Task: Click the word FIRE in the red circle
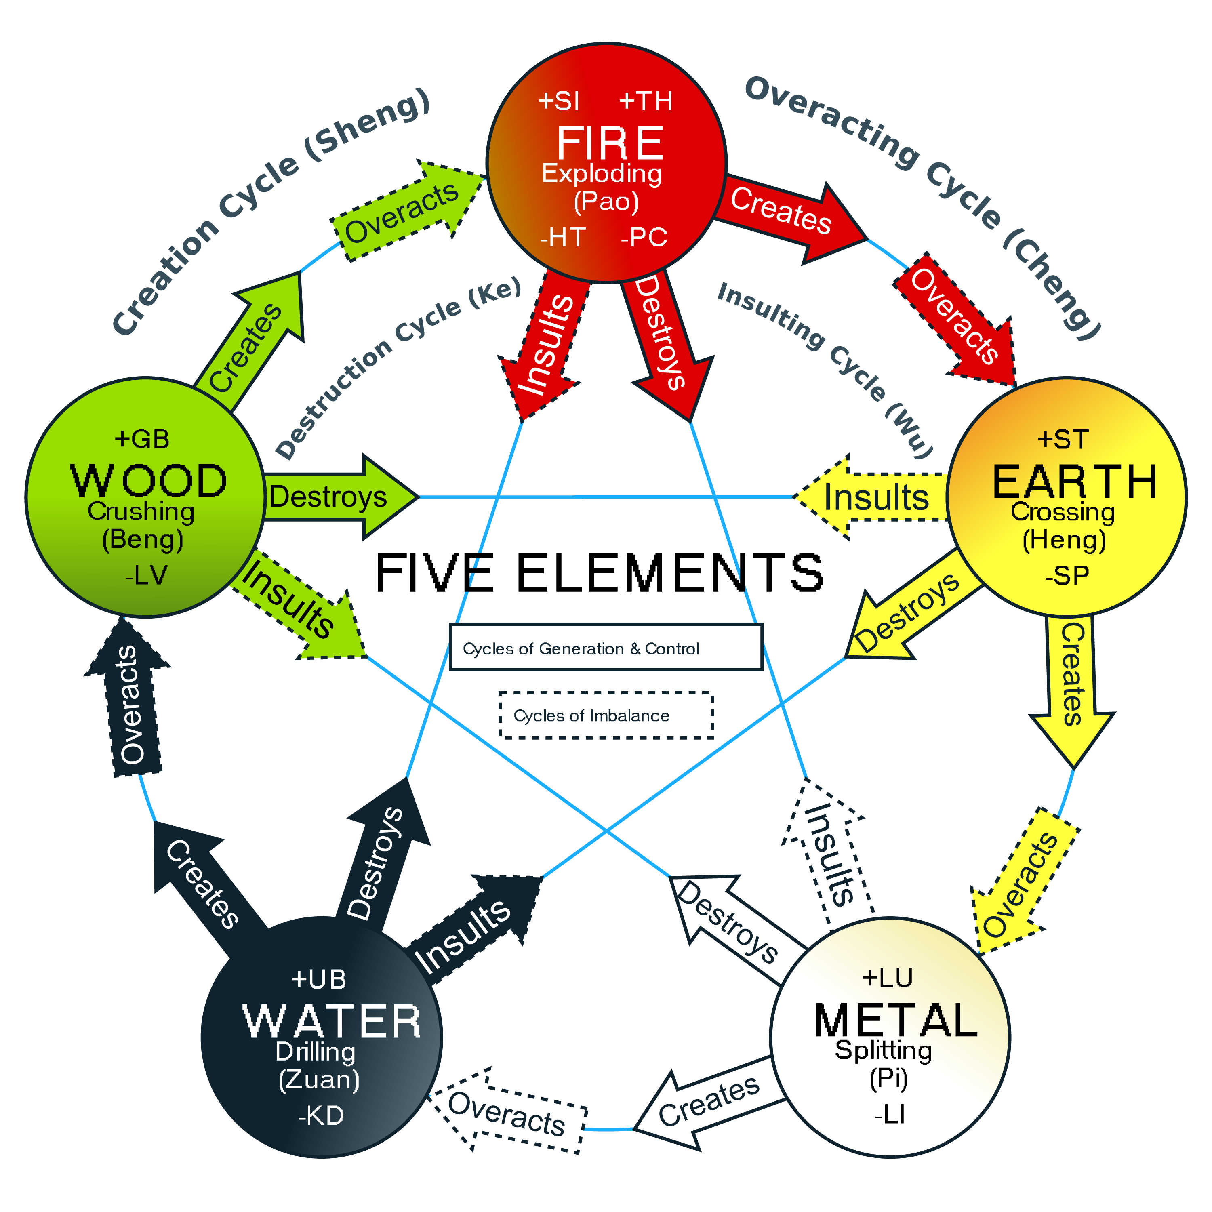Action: coord(610,143)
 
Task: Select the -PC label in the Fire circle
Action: coord(644,237)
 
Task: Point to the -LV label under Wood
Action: coord(146,574)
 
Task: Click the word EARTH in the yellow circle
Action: coord(1074,482)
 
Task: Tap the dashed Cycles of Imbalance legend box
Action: coord(605,715)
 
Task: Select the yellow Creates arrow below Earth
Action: coord(1071,684)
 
